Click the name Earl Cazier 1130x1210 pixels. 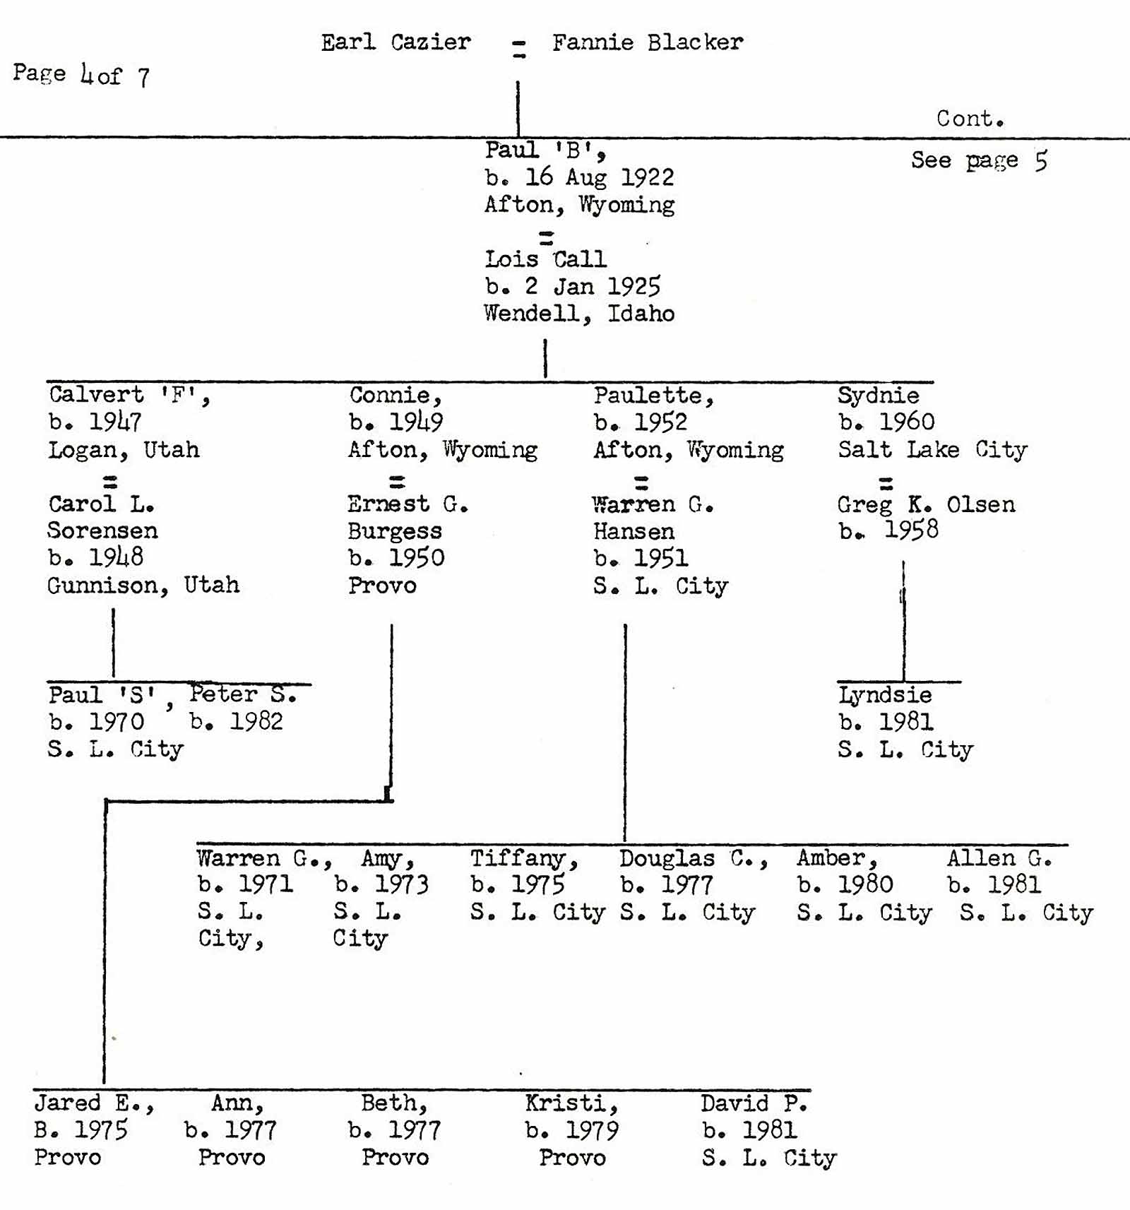(x=395, y=42)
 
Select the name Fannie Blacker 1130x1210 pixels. (x=647, y=42)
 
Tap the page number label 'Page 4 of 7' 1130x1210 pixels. (x=81, y=74)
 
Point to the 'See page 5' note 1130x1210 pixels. (x=978, y=161)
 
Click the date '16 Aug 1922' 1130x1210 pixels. (x=599, y=177)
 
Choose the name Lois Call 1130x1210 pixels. (x=545, y=259)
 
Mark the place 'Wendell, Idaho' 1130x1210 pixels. (x=579, y=314)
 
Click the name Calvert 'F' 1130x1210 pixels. (x=129, y=395)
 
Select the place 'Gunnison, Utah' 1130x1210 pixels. (x=143, y=585)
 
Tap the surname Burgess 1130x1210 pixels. (x=395, y=531)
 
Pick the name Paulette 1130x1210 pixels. (x=653, y=396)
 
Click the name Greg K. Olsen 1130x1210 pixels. (x=926, y=504)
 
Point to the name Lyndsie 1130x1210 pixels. (x=885, y=695)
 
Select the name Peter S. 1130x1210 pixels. (x=243, y=694)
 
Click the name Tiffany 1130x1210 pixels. (x=524, y=858)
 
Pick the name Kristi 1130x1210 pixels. (x=571, y=1103)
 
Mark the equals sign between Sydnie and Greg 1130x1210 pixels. (x=886, y=484)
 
